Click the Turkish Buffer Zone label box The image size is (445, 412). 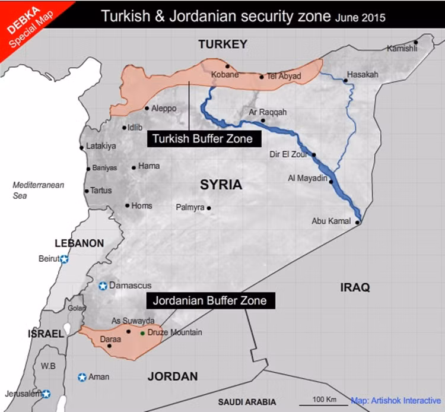202,139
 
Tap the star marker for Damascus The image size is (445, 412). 103,286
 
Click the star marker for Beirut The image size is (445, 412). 64,259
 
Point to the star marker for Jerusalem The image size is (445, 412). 46,394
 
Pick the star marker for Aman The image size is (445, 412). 82,377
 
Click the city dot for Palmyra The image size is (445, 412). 209,208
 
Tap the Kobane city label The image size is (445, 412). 225,75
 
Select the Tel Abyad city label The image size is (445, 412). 284,77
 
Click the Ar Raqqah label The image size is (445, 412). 268,112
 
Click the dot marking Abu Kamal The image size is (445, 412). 357,223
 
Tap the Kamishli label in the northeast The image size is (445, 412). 402,49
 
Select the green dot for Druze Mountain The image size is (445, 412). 142,333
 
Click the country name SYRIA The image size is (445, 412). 221,185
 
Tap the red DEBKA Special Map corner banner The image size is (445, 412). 24,24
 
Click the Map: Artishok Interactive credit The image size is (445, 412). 396,401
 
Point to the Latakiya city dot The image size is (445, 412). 82,147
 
